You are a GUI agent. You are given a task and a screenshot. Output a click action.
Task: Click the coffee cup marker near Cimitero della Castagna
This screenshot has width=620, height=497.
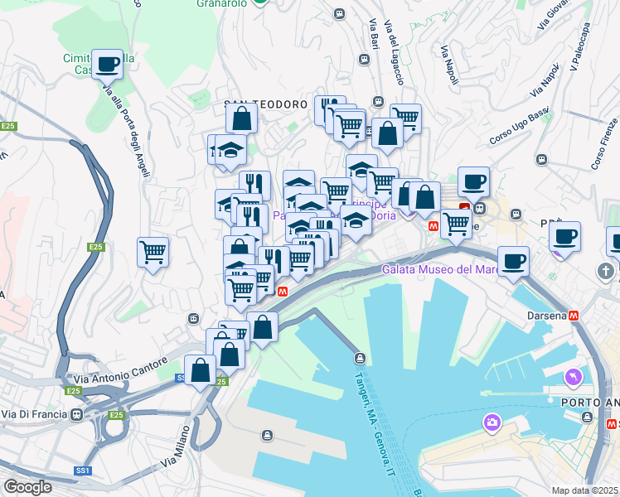tap(108, 64)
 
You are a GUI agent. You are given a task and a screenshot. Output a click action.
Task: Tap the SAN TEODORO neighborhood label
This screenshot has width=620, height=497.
tap(266, 105)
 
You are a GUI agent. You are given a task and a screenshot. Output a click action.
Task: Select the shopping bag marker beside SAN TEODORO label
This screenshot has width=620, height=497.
tap(240, 119)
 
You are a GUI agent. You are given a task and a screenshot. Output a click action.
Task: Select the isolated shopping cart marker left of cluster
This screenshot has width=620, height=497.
tap(153, 252)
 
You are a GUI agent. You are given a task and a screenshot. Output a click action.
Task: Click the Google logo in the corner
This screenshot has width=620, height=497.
tap(27, 486)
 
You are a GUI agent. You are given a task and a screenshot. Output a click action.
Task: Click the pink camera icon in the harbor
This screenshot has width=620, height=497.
tap(493, 422)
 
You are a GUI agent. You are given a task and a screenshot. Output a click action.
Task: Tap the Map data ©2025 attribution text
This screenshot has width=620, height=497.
tap(585, 490)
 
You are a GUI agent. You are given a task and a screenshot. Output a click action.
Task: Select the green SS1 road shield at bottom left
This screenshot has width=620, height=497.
tap(82, 470)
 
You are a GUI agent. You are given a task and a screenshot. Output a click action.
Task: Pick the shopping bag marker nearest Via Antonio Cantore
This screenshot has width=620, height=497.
tap(201, 370)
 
